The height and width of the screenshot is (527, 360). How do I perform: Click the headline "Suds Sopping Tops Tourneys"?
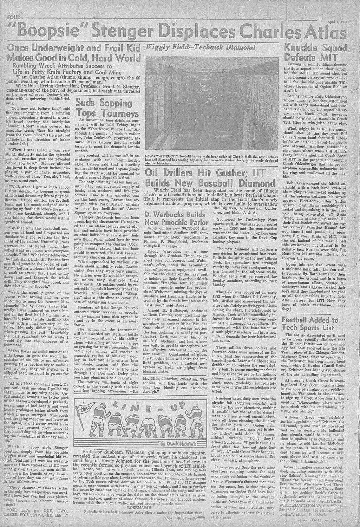tap(107, 109)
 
